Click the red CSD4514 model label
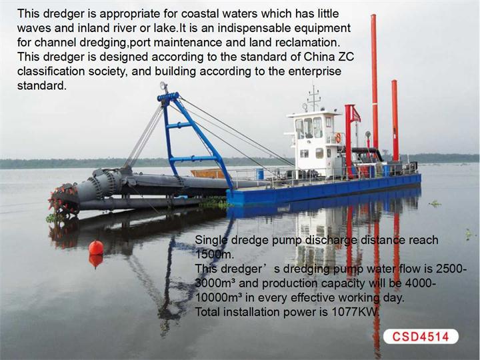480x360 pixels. (421, 337)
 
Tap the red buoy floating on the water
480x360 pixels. (96, 247)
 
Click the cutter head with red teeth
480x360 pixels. (63, 199)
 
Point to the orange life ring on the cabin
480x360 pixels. (338, 137)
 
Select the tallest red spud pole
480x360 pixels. (375, 83)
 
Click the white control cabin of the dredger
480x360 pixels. (313, 143)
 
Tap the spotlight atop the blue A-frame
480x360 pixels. (163, 86)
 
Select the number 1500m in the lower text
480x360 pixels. (214, 254)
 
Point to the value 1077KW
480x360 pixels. (356, 311)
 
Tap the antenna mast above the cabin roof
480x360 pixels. (314, 99)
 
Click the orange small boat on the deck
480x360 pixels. (208, 173)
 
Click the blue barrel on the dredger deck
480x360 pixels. (260, 174)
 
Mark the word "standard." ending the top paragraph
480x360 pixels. (41, 85)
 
